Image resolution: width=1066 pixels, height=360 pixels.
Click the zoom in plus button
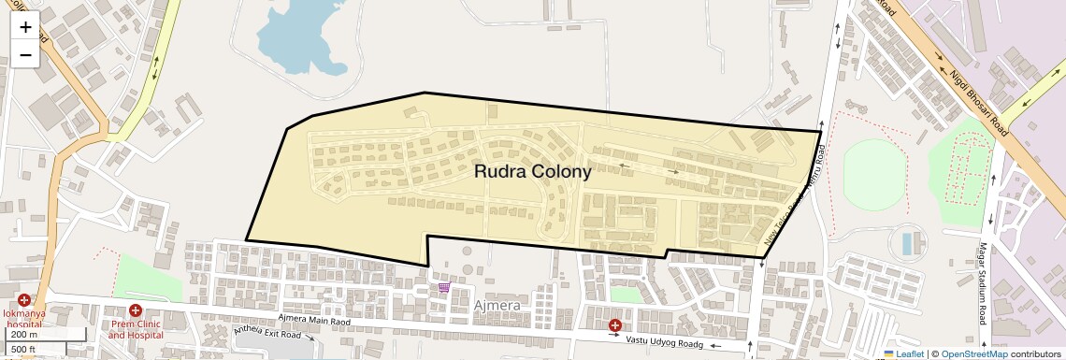(x=25, y=27)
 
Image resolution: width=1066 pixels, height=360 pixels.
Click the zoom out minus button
(x=25, y=55)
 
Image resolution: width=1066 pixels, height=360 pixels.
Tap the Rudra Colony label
(x=533, y=172)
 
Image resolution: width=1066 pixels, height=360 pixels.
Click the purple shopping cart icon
(x=444, y=287)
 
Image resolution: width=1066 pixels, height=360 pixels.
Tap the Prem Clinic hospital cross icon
(x=135, y=310)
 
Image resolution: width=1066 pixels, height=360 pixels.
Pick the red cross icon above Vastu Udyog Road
(x=615, y=325)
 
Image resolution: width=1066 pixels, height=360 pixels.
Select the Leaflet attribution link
(x=903, y=353)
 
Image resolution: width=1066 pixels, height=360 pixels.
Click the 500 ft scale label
(x=23, y=350)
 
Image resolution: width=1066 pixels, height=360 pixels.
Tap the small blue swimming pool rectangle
(x=906, y=244)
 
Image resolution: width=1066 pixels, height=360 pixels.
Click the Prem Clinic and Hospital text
(x=135, y=328)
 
